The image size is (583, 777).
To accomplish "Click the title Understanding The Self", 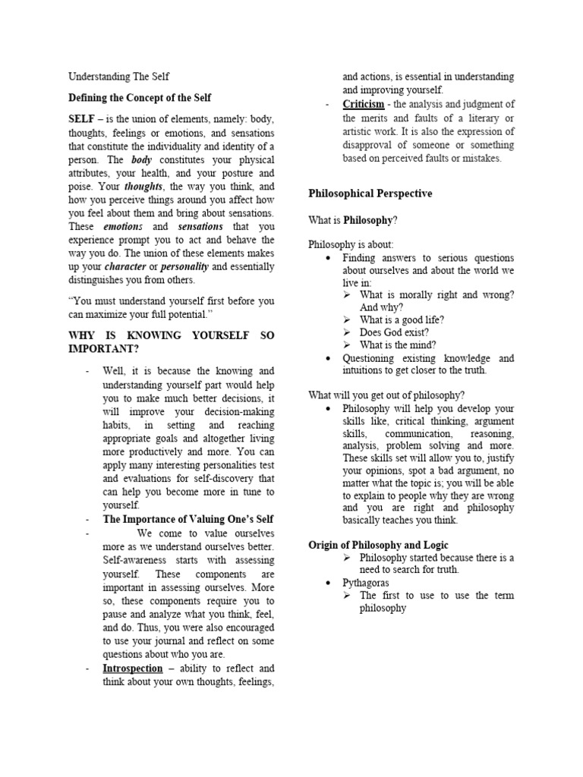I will (x=119, y=77).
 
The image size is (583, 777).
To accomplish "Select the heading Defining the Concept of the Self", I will (x=140, y=98).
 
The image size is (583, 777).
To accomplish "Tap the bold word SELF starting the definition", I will (x=83, y=120).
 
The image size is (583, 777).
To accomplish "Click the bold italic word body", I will (x=142, y=161).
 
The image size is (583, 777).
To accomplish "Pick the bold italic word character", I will (x=125, y=267).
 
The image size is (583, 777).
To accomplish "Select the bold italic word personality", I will (x=184, y=267).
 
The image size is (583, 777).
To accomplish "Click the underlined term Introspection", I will (x=133, y=668).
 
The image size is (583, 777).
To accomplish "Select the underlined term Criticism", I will (x=363, y=104).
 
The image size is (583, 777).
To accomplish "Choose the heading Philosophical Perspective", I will (x=370, y=193).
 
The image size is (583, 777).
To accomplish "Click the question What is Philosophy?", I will (x=353, y=220).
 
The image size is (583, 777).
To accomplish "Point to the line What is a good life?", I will (x=402, y=319).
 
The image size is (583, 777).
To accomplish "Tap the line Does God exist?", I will (x=394, y=332).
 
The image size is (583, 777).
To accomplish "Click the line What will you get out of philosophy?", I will (x=386, y=395).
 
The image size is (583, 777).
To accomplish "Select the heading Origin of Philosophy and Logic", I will (x=378, y=545).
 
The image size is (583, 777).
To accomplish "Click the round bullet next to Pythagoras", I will (x=327, y=584).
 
